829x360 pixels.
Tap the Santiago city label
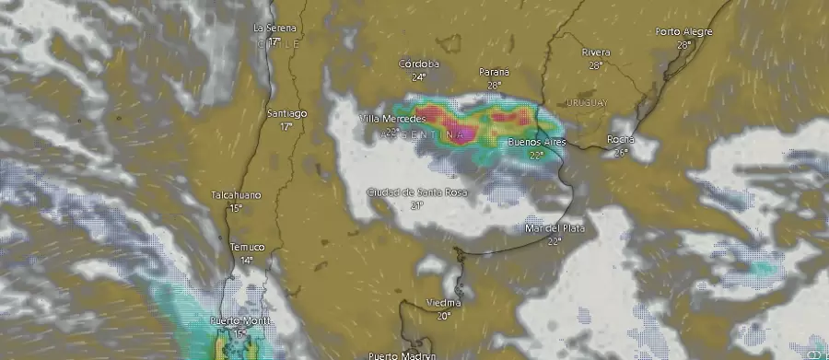286,113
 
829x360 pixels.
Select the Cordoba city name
419,64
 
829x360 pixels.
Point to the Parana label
495,72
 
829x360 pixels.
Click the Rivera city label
596,52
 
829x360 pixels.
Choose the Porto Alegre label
683,31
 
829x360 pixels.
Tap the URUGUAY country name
588,102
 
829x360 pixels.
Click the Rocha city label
620,139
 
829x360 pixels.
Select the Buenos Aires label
536,144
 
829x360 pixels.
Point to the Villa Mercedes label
391,119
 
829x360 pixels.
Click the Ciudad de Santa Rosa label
416,192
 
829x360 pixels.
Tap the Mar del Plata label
554,227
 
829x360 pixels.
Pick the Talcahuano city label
236,195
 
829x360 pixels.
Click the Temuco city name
247,247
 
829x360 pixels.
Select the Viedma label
444,303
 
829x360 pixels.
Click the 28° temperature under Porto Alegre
683,44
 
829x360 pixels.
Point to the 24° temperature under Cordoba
419,77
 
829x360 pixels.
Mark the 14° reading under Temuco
247,261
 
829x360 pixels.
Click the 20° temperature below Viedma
444,316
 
